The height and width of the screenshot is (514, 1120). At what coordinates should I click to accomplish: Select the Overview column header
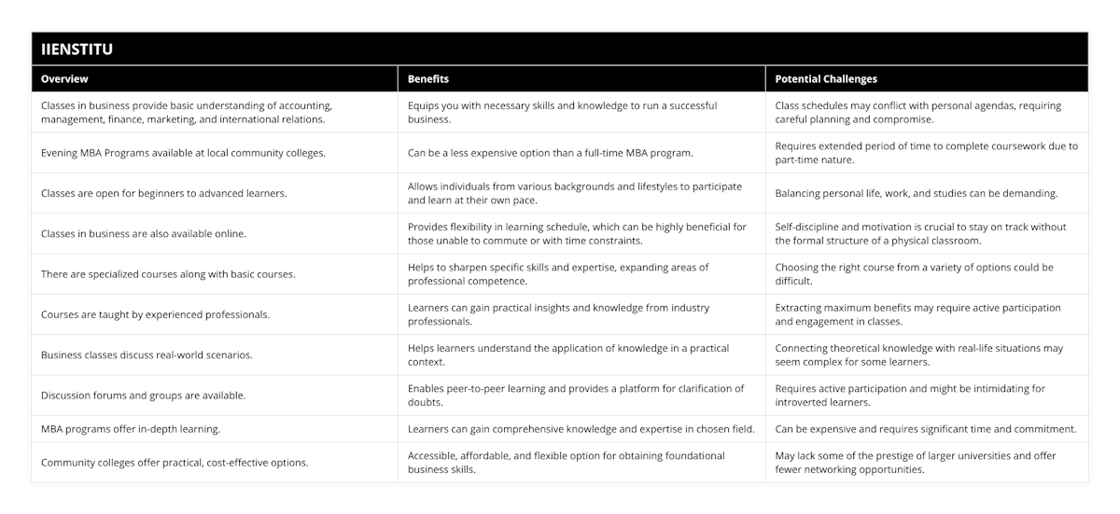(64, 79)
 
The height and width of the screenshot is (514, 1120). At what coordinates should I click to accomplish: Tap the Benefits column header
(428, 79)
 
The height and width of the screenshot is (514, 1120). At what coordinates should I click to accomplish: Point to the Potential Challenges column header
(826, 79)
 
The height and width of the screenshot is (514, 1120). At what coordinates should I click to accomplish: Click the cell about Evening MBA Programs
(184, 153)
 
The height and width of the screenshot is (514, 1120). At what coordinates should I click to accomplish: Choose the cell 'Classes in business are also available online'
(144, 234)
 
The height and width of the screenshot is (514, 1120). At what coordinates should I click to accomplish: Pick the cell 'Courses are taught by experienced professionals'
(156, 314)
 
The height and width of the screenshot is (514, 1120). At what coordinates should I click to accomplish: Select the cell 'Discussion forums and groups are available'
(144, 396)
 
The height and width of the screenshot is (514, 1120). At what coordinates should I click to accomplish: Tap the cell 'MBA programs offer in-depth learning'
(130, 429)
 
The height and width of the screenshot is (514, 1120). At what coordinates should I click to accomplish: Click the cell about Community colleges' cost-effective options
(175, 463)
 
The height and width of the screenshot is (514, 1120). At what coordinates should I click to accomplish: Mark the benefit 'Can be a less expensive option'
(549, 153)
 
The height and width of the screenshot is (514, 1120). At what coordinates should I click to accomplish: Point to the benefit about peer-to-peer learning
(576, 396)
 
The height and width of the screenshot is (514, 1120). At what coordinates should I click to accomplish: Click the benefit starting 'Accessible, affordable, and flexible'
(567, 463)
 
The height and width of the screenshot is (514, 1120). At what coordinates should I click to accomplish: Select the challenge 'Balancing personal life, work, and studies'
(917, 193)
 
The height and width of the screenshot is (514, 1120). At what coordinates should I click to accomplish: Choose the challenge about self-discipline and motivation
(921, 234)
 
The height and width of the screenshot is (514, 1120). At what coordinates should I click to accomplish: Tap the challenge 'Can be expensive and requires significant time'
(926, 429)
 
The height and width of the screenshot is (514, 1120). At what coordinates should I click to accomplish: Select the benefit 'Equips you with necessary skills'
(563, 113)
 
